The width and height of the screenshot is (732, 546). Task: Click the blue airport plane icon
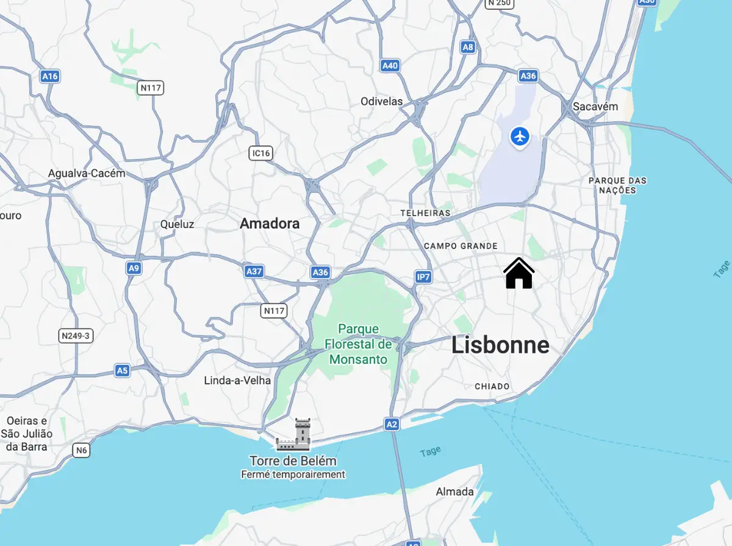pyautogui.click(x=520, y=136)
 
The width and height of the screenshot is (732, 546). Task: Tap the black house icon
pyautogui.click(x=519, y=274)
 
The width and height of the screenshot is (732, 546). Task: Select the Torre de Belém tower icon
pyautogui.click(x=293, y=434)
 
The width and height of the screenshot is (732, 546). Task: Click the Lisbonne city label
pyautogui.click(x=500, y=346)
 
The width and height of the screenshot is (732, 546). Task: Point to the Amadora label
pyautogui.click(x=270, y=224)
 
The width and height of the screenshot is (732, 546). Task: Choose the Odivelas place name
pyautogui.click(x=381, y=101)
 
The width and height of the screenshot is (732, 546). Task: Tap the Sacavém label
pyautogui.click(x=595, y=107)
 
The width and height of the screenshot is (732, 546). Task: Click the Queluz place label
pyautogui.click(x=177, y=224)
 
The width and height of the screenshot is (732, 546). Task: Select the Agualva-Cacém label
pyautogui.click(x=87, y=173)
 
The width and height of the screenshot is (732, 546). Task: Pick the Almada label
pyautogui.click(x=454, y=492)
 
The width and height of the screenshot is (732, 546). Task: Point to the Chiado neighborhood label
pyautogui.click(x=492, y=386)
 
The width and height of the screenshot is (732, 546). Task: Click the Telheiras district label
pyautogui.click(x=425, y=213)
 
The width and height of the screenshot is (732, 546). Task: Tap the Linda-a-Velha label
pyautogui.click(x=237, y=380)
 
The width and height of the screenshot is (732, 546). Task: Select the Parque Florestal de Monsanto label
pyautogui.click(x=358, y=344)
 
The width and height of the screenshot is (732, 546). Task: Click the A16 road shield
pyautogui.click(x=49, y=76)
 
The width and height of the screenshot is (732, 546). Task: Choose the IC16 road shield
pyautogui.click(x=260, y=153)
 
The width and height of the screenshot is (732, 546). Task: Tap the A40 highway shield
pyautogui.click(x=390, y=66)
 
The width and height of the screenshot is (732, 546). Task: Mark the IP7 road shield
pyautogui.click(x=423, y=277)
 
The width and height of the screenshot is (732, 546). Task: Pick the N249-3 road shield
pyautogui.click(x=76, y=336)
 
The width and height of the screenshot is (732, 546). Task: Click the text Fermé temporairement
pyautogui.click(x=293, y=474)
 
